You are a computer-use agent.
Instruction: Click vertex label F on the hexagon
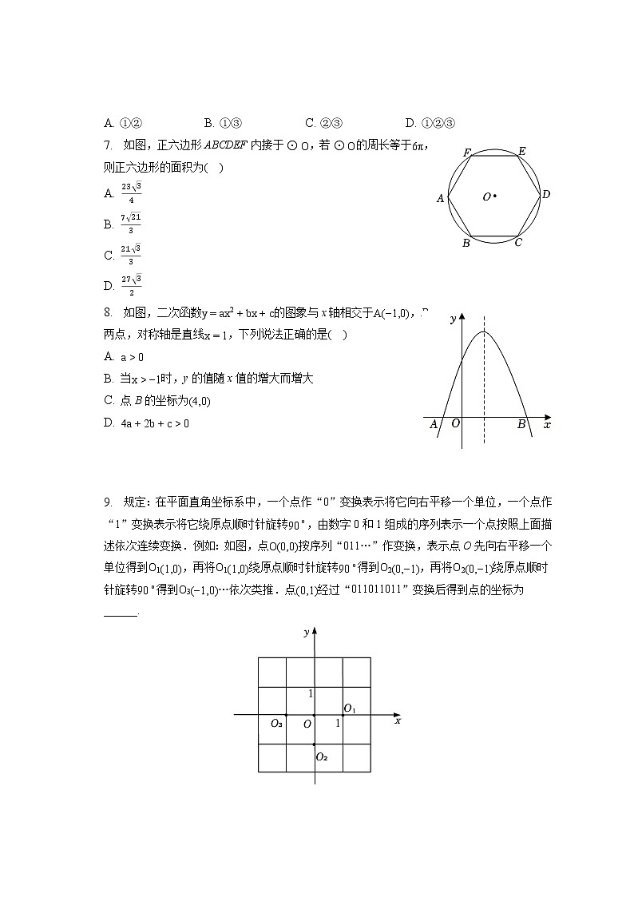pyautogui.click(x=466, y=152)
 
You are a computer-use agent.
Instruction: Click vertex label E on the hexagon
pyautogui.click(x=521, y=151)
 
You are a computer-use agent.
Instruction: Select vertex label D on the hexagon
pyautogui.click(x=546, y=194)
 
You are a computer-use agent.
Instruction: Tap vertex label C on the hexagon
pyautogui.click(x=518, y=243)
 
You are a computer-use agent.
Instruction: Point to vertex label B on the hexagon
pyautogui.click(x=466, y=243)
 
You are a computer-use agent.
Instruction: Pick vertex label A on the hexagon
pyautogui.click(x=440, y=198)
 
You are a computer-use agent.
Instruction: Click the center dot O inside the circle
pyautogui.click(x=495, y=196)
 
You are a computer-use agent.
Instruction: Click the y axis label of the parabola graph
pyautogui.click(x=453, y=319)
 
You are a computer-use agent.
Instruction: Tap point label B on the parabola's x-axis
pyautogui.click(x=521, y=425)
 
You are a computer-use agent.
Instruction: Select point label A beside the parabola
pyautogui.click(x=434, y=425)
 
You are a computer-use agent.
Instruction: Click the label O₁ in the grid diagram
pyautogui.click(x=350, y=708)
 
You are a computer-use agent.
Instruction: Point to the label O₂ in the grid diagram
pyautogui.click(x=321, y=756)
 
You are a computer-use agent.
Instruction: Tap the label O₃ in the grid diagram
pyautogui.click(x=275, y=724)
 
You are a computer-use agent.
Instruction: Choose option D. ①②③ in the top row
pyautogui.click(x=430, y=123)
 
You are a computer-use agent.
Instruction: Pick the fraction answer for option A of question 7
pyautogui.click(x=131, y=192)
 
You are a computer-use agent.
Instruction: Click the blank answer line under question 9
pyautogui.click(x=121, y=613)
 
